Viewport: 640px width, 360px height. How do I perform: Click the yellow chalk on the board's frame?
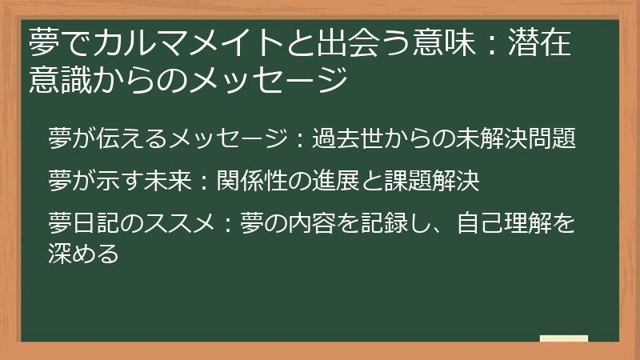pos(564,338)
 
